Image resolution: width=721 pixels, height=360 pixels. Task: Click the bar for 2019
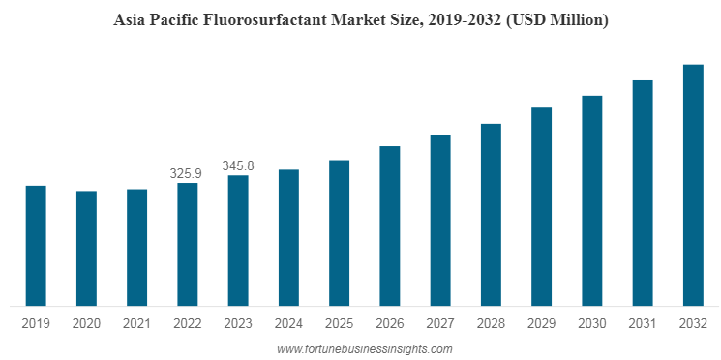click(x=36, y=246)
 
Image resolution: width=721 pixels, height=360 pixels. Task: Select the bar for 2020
click(x=86, y=249)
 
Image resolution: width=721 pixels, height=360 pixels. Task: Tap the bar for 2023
click(x=238, y=241)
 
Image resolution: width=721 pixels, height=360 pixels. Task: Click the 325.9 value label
click(x=186, y=174)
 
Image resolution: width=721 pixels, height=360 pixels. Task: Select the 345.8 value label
click(x=238, y=166)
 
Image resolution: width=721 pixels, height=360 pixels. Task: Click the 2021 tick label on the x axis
click(x=136, y=323)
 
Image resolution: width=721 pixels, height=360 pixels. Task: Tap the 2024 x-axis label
click(x=288, y=323)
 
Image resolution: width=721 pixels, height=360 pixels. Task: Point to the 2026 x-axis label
click(x=389, y=323)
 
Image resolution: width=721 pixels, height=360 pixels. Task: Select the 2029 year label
click(x=541, y=323)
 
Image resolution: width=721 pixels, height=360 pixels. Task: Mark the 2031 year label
click(x=642, y=323)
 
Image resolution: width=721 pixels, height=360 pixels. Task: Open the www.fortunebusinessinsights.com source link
click(x=364, y=348)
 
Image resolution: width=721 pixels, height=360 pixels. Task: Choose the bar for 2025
click(x=339, y=233)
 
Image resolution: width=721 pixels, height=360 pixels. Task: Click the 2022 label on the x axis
click(x=187, y=323)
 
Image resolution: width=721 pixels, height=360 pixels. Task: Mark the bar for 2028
click(x=491, y=215)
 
